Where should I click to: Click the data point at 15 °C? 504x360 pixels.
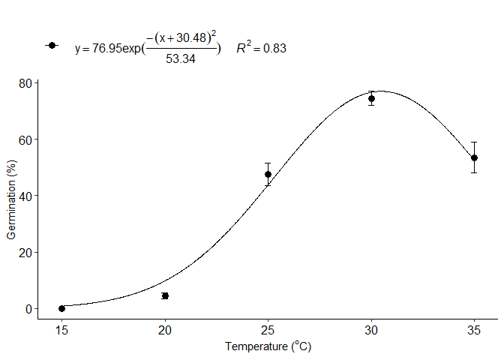[61, 308]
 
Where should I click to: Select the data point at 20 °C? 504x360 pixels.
[165, 296]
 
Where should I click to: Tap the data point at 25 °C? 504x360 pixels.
[268, 174]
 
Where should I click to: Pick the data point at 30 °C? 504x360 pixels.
[371, 98]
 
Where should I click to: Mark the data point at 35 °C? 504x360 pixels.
[474, 157]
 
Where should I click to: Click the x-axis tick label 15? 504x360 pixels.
[61, 331]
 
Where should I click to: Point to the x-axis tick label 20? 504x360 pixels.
[165, 331]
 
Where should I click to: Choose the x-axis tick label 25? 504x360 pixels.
[268, 331]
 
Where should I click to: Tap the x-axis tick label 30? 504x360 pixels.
[371, 331]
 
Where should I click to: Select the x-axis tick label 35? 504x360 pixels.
[474, 331]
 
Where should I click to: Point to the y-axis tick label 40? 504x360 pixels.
[24, 196]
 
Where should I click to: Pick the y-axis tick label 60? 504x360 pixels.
[24, 139]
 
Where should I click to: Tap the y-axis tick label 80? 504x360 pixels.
[24, 83]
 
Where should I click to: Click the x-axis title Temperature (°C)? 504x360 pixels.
[268, 346]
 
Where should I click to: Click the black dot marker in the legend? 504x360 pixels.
[52, 46]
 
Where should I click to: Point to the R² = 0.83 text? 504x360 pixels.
[260, 48]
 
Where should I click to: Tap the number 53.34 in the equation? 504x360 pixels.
[181, 60]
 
